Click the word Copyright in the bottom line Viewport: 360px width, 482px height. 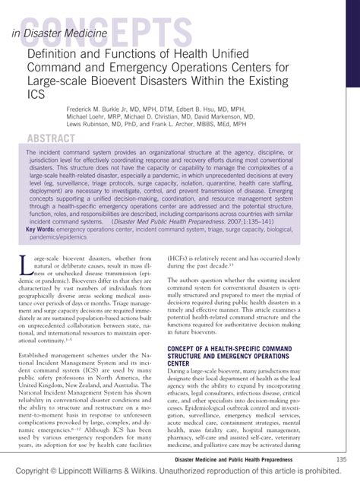28,473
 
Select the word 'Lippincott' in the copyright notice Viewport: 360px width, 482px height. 87,473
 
